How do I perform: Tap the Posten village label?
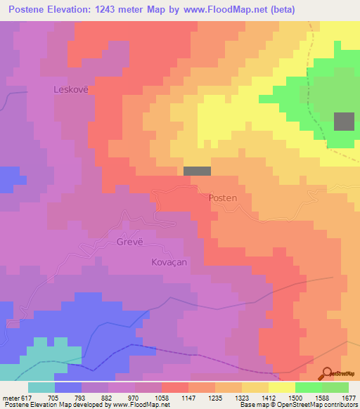tap(223, 198)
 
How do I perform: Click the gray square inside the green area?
tap(344, 122)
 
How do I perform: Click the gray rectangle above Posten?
tap(197, 171)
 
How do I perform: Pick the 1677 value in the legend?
tap(349, 398)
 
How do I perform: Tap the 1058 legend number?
tap(162, 398)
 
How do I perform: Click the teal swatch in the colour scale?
tap(41, 387)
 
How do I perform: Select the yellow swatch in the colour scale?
tap(282, 387)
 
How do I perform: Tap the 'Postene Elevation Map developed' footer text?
tap(49, 405)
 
